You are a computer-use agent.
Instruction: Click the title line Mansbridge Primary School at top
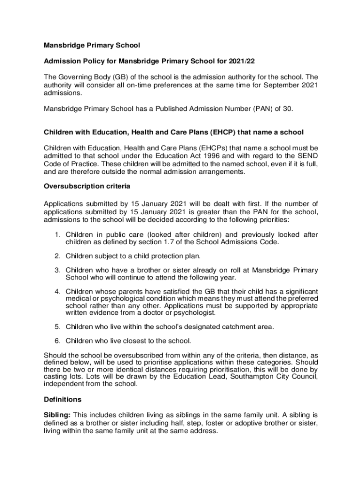click(x=92, y=46)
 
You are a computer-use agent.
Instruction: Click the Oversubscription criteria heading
click(x=84, y=186)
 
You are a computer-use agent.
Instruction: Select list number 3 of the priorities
click(x=57, y=270)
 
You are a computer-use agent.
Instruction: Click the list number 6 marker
click(x=57, y=341)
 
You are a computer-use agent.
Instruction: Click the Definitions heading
click(x=63, y=400)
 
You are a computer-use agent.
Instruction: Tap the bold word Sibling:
click(x=58, y=415)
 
